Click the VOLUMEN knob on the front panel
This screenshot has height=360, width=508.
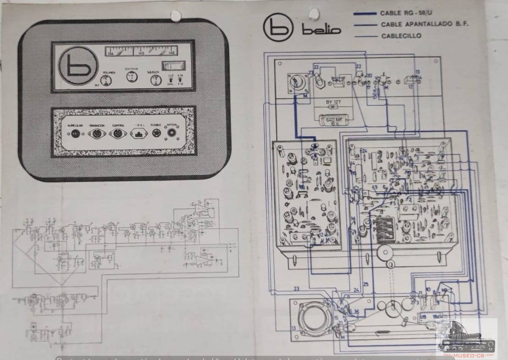[106, 81]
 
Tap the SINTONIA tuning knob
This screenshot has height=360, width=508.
[132, 77]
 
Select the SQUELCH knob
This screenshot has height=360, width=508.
[156, 80]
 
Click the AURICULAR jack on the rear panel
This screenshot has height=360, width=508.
[74, 133]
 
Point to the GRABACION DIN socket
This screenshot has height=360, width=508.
[98, 133]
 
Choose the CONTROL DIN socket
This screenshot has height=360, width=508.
[117, 133]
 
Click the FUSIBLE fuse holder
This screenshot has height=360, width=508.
[156, 133]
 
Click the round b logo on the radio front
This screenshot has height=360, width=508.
[78, 66]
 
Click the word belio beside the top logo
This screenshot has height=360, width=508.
[321, 30]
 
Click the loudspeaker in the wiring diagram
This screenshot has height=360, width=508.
[315, 318]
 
